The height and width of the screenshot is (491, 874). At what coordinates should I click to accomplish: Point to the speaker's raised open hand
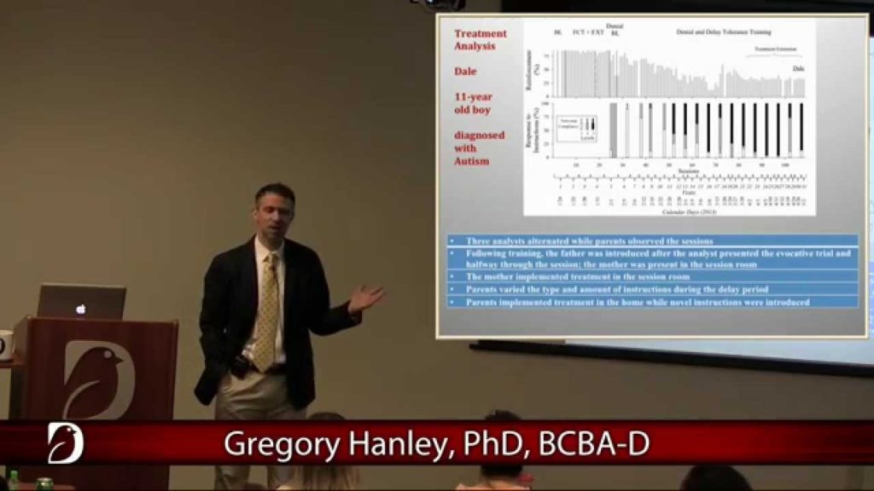(x=365, y=297)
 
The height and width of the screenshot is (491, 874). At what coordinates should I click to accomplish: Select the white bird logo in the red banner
(x=65, y=442)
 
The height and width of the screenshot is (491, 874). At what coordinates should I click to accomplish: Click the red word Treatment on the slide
(x=481, y=34)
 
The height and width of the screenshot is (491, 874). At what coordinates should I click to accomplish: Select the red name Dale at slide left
(x=465, y=71)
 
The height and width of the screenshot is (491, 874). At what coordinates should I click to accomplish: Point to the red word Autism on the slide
(x=472, y=161)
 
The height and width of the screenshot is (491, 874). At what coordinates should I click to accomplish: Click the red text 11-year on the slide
(x=474, y=97)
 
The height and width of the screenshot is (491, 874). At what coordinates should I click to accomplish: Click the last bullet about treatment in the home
(x=637, y=302)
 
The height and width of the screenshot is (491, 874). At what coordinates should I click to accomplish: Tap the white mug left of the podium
(x=4, y=344)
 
